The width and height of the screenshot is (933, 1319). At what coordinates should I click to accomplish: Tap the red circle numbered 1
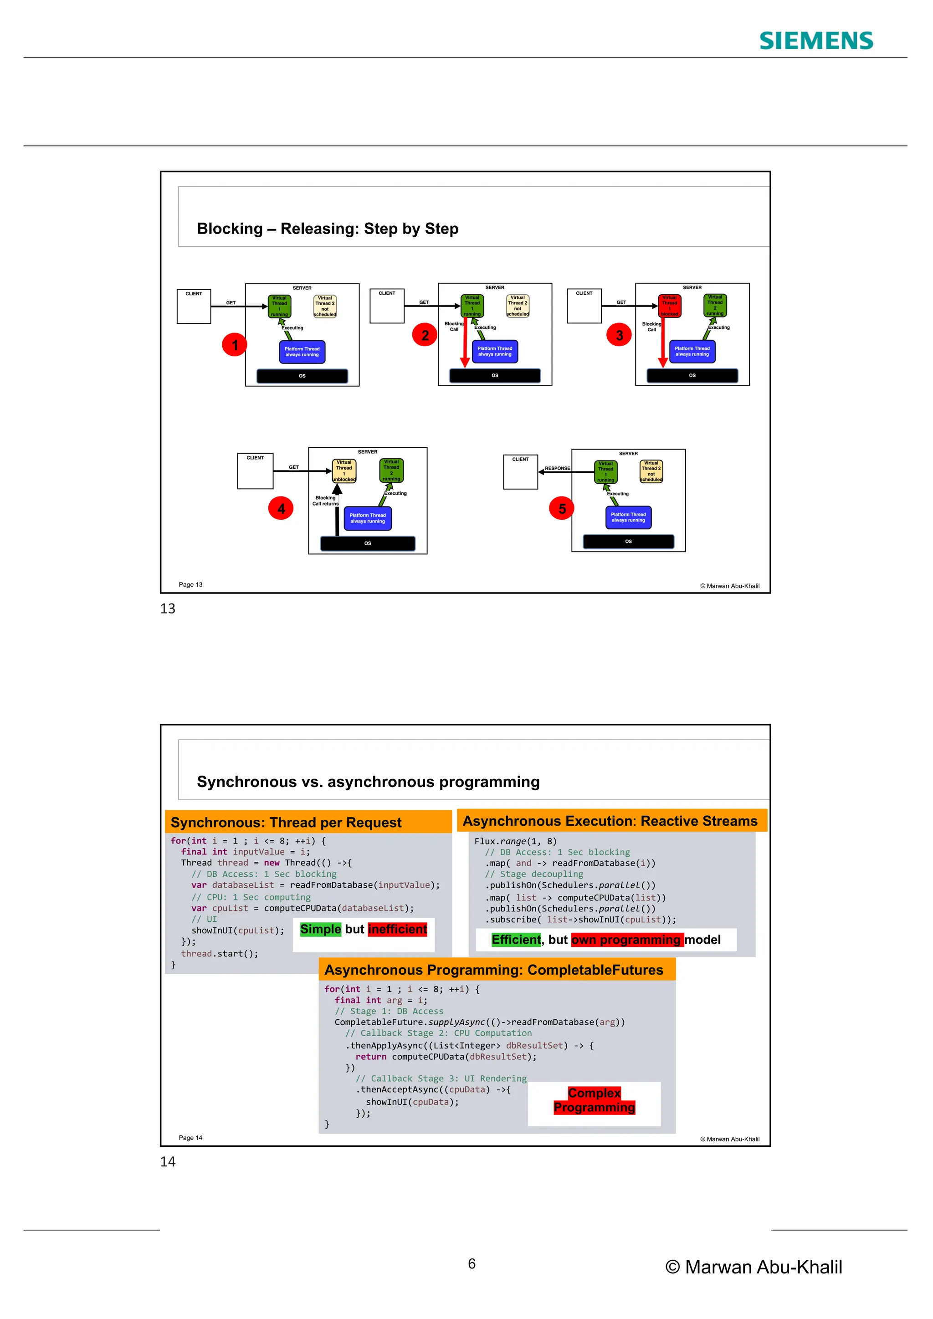(x=235, y=345)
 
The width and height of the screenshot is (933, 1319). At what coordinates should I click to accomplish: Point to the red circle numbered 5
(x=561, y=508)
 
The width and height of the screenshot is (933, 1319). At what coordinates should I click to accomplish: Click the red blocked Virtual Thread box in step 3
(x=669, y=306)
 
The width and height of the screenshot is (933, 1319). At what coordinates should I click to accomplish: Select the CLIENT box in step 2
(x=387, y=306)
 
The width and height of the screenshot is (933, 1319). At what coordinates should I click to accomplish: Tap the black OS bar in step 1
(x=302, y=376)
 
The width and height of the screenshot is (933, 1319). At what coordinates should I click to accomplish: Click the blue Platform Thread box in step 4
(x=368, y=518)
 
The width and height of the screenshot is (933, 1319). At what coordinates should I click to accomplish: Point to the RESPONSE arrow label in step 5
(x=557, y=468)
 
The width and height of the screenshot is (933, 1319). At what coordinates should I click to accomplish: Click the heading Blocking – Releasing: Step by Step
(x=328, y=229)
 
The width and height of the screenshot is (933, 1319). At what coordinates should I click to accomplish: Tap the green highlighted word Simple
(x=320, y=929)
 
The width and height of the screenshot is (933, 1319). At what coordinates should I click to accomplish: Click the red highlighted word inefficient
(x=398, y=929)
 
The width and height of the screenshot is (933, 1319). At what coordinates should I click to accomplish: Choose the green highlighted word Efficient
(x=516, y=939)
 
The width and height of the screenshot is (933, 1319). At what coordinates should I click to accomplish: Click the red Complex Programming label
(x=594, y=1100)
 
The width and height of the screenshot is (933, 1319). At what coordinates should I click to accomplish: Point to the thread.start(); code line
(x=220, y=954)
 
